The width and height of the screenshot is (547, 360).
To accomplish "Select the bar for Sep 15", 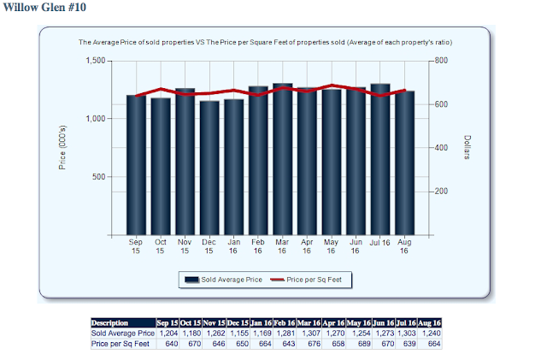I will point(137,164).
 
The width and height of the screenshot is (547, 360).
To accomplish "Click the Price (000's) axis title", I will point(62,147).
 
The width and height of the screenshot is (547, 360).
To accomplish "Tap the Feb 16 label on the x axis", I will point(258,245).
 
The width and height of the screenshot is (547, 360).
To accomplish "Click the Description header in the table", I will point(109,322).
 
